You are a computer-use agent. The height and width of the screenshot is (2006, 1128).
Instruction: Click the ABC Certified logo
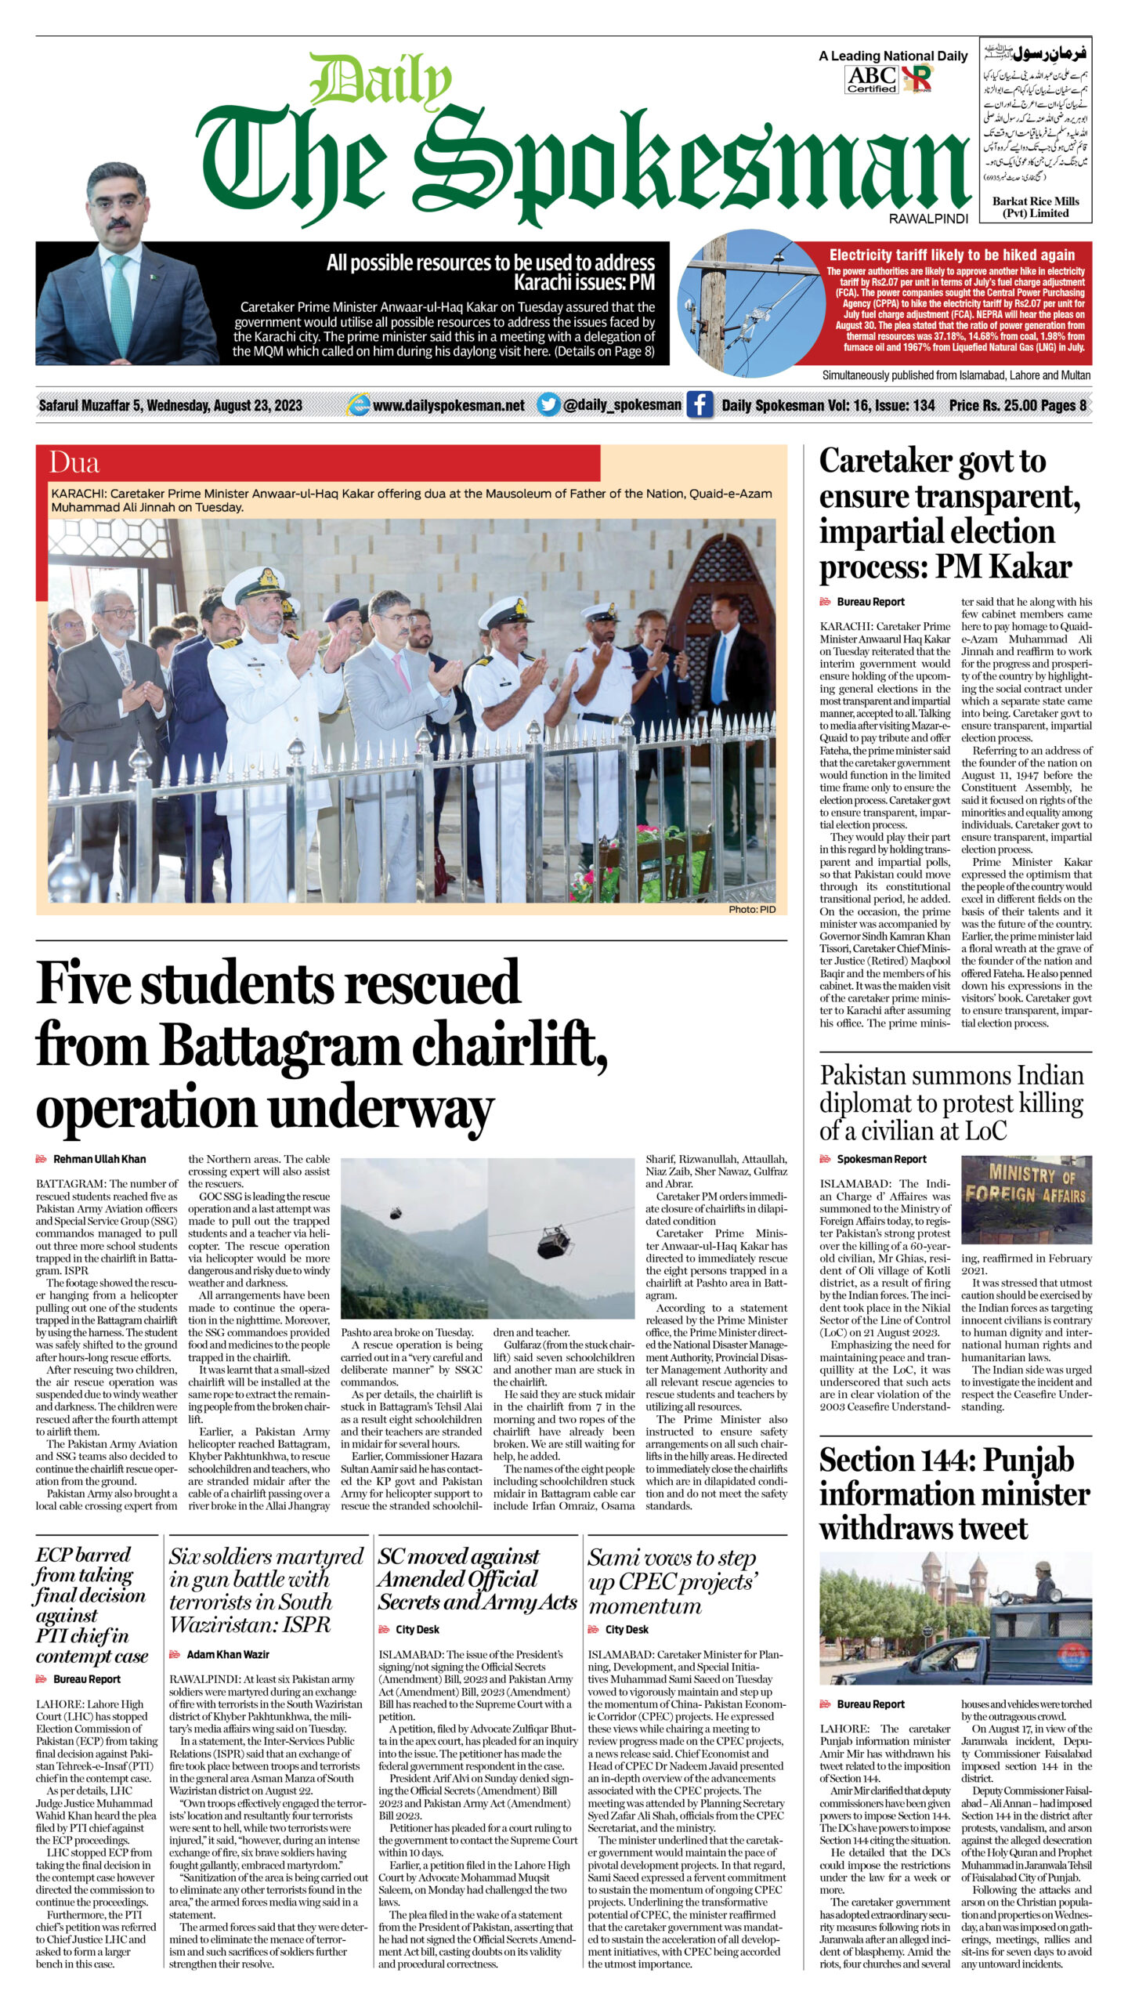coord(871,79)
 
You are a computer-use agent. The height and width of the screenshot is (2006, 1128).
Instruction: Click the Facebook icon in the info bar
coord(700,405)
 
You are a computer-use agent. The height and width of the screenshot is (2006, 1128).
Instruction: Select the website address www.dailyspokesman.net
coord(448,406)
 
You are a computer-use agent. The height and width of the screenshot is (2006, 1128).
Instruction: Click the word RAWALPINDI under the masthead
coord(928,219)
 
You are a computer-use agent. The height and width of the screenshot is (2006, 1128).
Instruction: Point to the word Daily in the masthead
coord(380,81)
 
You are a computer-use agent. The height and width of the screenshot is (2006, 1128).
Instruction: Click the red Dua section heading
coord(74,463)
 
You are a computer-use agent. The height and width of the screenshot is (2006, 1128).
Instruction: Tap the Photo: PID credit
coord(751,909)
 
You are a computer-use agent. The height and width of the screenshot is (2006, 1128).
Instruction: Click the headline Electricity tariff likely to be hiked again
coord(952,255)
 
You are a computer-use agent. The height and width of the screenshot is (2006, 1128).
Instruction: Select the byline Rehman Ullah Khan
coord(99,1159)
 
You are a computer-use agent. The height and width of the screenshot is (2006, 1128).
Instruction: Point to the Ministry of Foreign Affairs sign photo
coord(1025,1200)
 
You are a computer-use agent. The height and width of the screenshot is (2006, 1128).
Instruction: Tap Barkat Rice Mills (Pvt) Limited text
coord(1035,207)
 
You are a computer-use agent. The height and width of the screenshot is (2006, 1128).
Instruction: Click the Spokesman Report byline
coord(881,1159)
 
